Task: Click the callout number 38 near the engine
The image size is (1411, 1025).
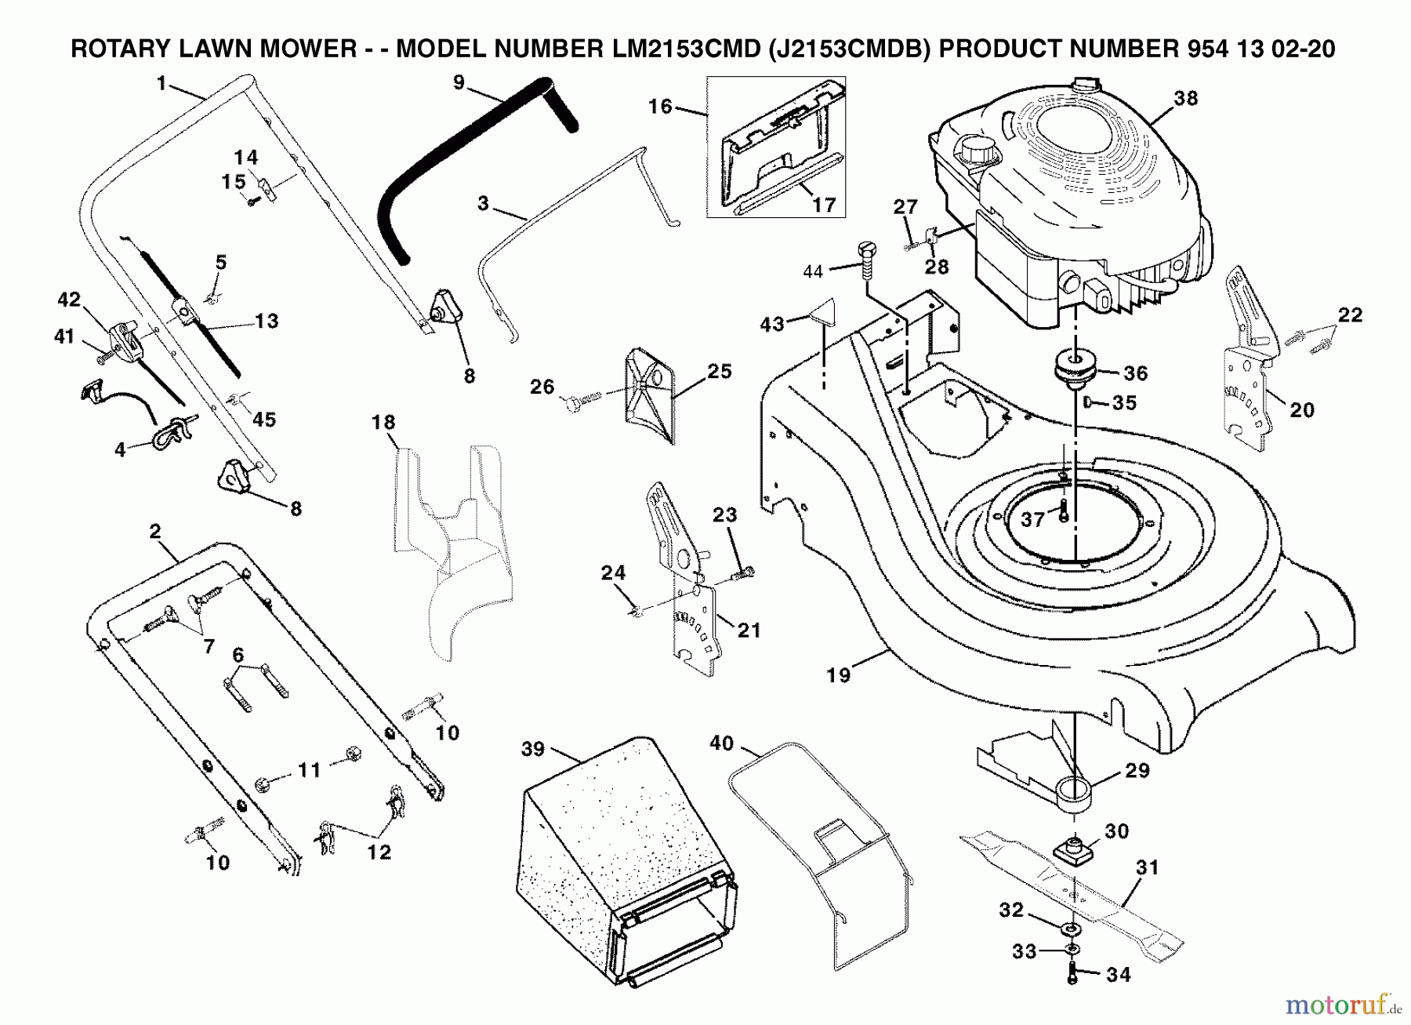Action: coord(1186,98)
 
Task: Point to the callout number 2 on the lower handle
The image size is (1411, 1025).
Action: coord(154,531)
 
